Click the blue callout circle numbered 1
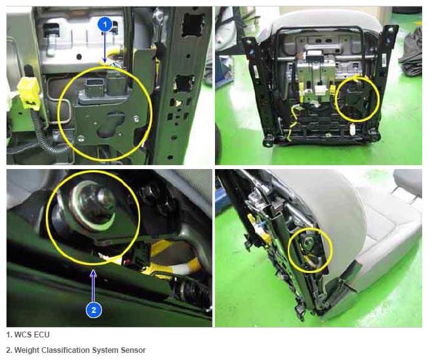pyautogui.click(x=105, y=25)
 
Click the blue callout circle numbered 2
pyautogui.click(x=94, y=310)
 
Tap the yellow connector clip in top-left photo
pyautogui.click(x=28, y=92)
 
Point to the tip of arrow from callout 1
pyautogui.click(x=105, y=62)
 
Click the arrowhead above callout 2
pyautogui.click(x=94, y=273)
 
